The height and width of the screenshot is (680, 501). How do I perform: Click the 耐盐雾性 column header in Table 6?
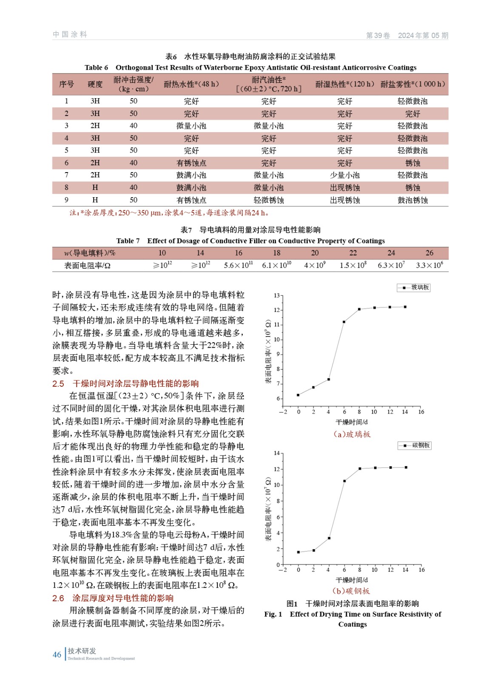412,84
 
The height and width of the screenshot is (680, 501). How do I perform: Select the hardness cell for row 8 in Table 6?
95,187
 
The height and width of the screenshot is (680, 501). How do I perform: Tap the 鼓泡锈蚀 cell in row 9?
412,200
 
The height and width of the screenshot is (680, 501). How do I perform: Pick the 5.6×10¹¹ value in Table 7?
238,265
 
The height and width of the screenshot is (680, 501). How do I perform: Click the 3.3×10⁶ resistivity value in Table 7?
429,265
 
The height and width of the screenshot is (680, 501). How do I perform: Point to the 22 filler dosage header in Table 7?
353,253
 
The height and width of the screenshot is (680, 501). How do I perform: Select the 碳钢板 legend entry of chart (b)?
415,445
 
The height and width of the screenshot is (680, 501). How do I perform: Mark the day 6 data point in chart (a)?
344,322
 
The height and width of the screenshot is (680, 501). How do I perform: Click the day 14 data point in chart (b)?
406,467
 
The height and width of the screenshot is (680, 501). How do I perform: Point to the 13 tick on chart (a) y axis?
276,295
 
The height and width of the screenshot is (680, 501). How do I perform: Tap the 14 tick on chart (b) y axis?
276,453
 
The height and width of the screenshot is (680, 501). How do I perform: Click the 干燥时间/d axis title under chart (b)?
352,580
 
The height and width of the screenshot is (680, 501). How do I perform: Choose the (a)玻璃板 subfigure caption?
352,434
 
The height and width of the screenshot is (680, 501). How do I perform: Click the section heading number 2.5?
58,384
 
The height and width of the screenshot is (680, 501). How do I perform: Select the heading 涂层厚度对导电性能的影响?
123,598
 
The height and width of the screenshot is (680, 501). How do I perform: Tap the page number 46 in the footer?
57,655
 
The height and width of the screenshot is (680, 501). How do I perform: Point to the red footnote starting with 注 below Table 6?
169,213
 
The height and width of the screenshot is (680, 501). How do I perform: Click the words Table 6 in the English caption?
96,68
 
